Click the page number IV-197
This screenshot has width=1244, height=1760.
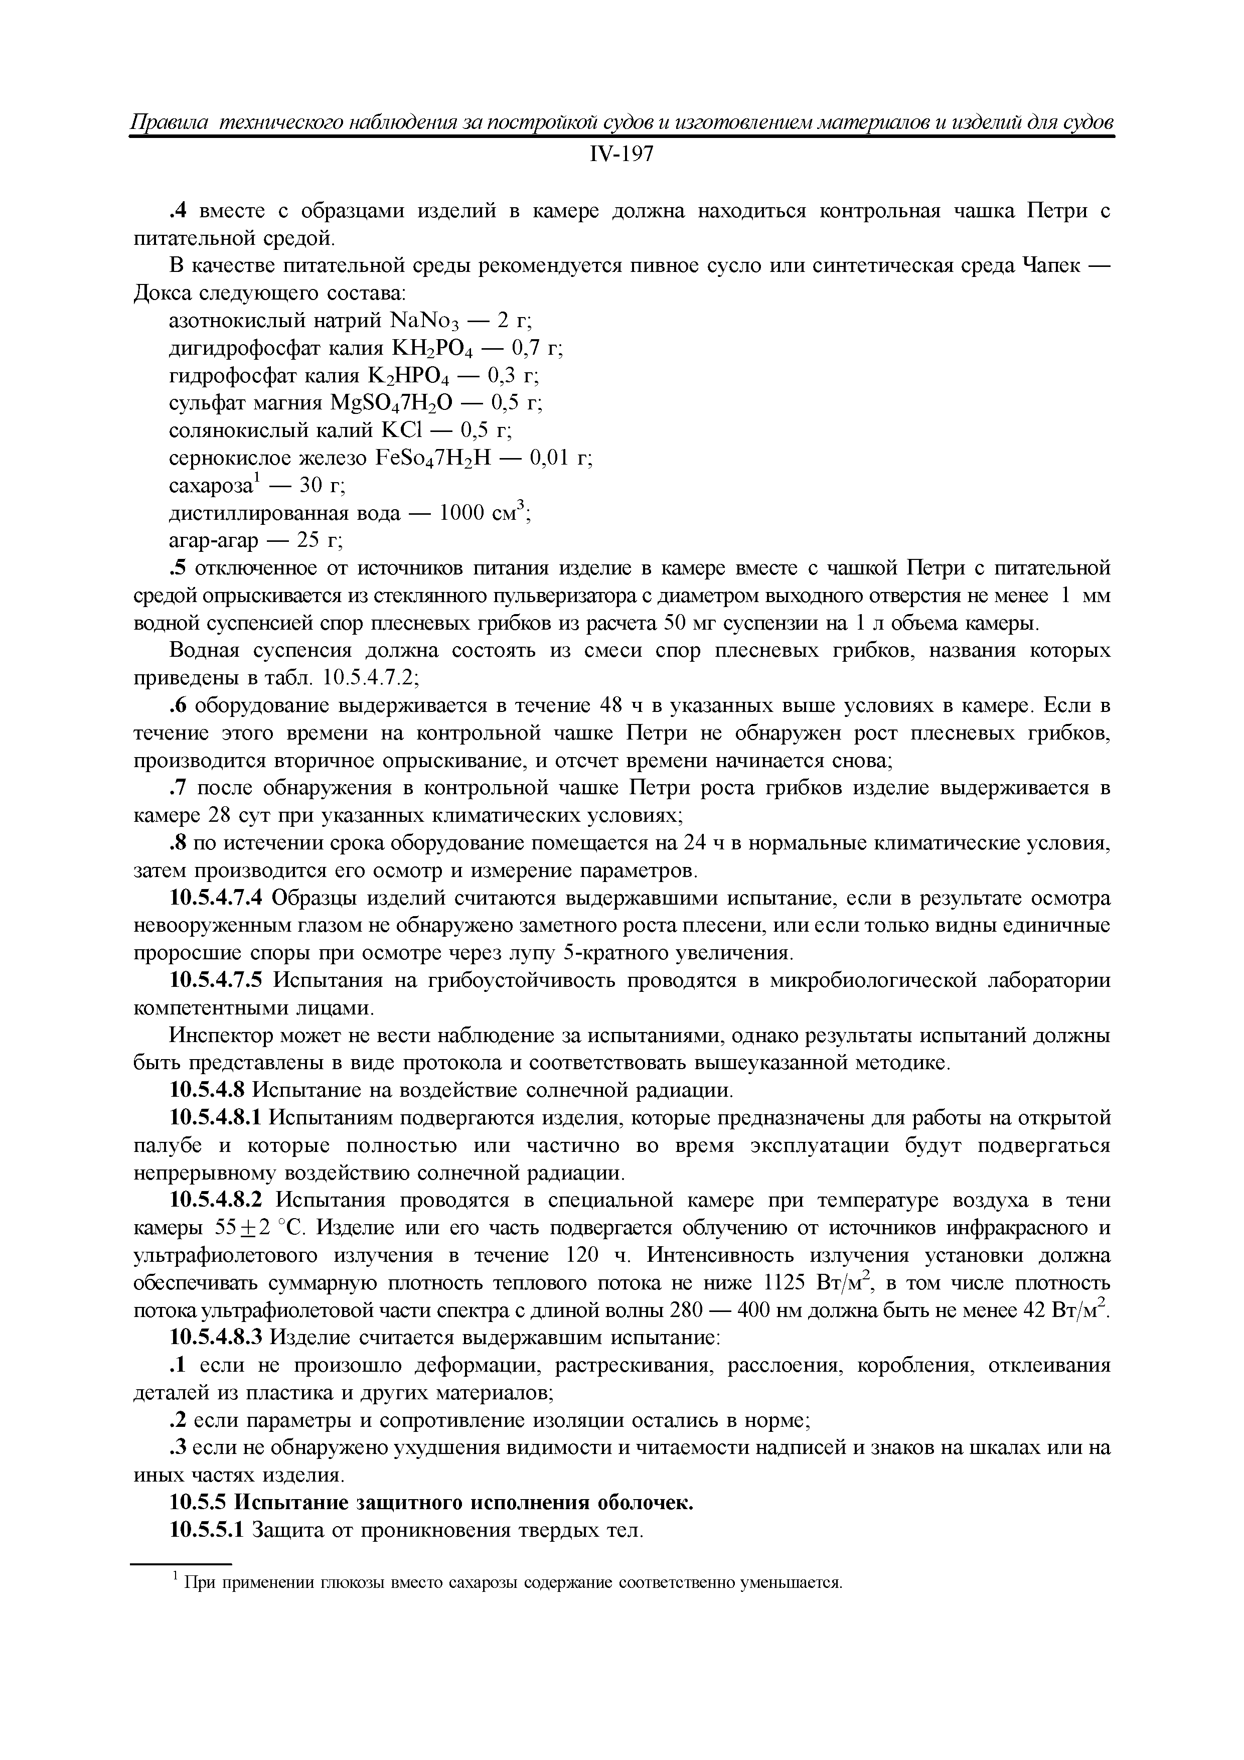coord(621,155)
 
